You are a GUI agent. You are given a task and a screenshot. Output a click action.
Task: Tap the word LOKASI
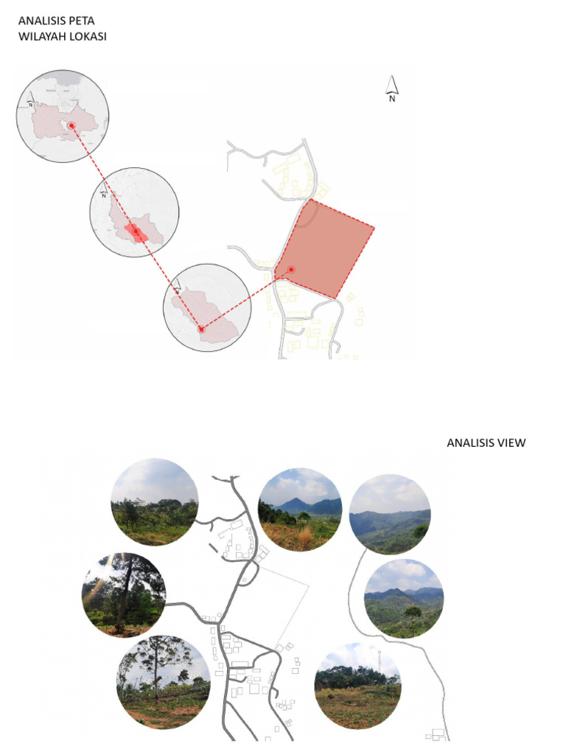89,36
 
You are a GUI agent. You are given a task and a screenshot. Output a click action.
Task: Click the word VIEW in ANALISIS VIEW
511,442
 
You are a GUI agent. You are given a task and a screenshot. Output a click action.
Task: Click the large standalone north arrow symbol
393,88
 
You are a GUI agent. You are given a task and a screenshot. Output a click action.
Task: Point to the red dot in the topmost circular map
71,126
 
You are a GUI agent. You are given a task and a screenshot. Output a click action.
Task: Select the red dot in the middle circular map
136,231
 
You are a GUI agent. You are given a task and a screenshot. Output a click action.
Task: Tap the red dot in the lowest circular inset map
201,330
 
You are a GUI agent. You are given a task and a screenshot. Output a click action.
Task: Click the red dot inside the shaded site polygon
292,270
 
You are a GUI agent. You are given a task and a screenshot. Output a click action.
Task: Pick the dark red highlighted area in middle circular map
135,233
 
